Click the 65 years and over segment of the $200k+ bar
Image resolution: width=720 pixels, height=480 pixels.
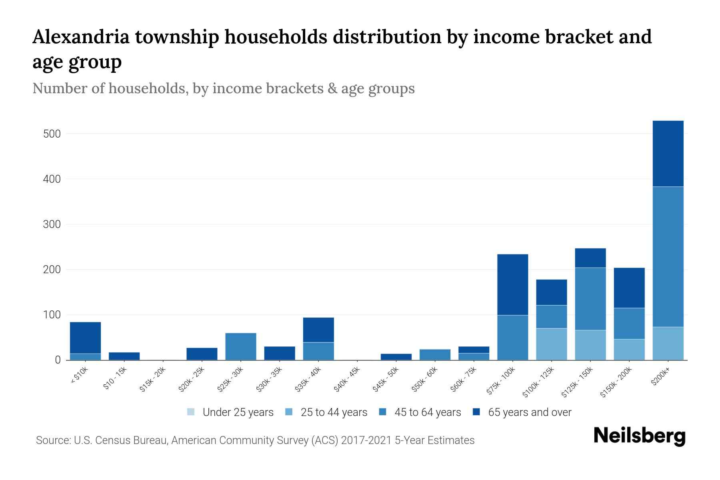[668, 154]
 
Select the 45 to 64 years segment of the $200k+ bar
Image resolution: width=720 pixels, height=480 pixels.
[668, 257]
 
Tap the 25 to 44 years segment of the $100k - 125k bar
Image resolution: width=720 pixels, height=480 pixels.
[551, 344]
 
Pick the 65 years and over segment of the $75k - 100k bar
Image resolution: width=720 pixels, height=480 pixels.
[512, 285]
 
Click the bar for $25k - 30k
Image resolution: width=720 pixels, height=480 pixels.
[240, 346]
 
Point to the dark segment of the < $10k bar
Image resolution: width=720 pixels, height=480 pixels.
[85, 338]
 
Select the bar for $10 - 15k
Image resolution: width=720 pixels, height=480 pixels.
[124, 356]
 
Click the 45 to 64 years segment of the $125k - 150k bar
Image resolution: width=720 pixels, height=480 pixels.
[590, 299]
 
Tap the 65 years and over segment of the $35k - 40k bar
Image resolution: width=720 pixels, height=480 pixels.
[318, 330]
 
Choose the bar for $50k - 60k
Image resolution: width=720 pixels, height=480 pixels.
[435, 355]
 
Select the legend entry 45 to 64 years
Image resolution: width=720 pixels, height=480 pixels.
[420, 412]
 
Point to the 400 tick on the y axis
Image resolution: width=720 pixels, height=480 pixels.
[52, 179]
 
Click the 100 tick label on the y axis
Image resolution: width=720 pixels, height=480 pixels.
[52, 315]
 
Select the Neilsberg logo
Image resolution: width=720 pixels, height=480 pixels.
[639, 436]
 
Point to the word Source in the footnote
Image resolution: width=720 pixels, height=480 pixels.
[52, 440]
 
